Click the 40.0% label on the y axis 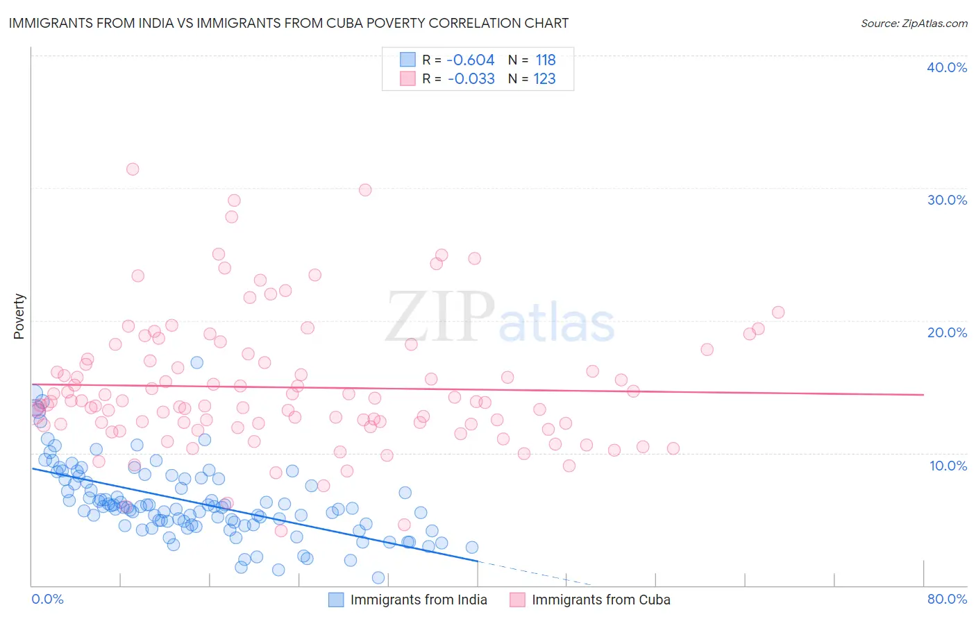tap(947, 67)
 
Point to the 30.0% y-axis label tap(947, 200)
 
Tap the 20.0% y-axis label tap(947, 332)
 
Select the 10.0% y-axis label tap(948, 466)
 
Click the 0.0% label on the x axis tap(48, 599)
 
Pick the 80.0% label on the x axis tap(947, 599)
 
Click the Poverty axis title tap(19, 316)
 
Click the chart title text tap(289, 23)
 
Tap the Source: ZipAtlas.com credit tap(914, 23)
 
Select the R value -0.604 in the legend tap(471, 60)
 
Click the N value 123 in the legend tap(544, 78)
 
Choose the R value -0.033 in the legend tap(471, 78)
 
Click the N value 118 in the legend tap(546, 60)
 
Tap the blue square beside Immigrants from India tap(336, 600)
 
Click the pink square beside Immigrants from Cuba tap(517, 600)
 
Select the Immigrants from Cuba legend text tap(601, 600)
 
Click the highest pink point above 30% tap(133, 169)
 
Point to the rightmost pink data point tap(778, 312)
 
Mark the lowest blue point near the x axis tap(378, 577)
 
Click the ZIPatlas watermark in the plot tap(500, 318)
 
